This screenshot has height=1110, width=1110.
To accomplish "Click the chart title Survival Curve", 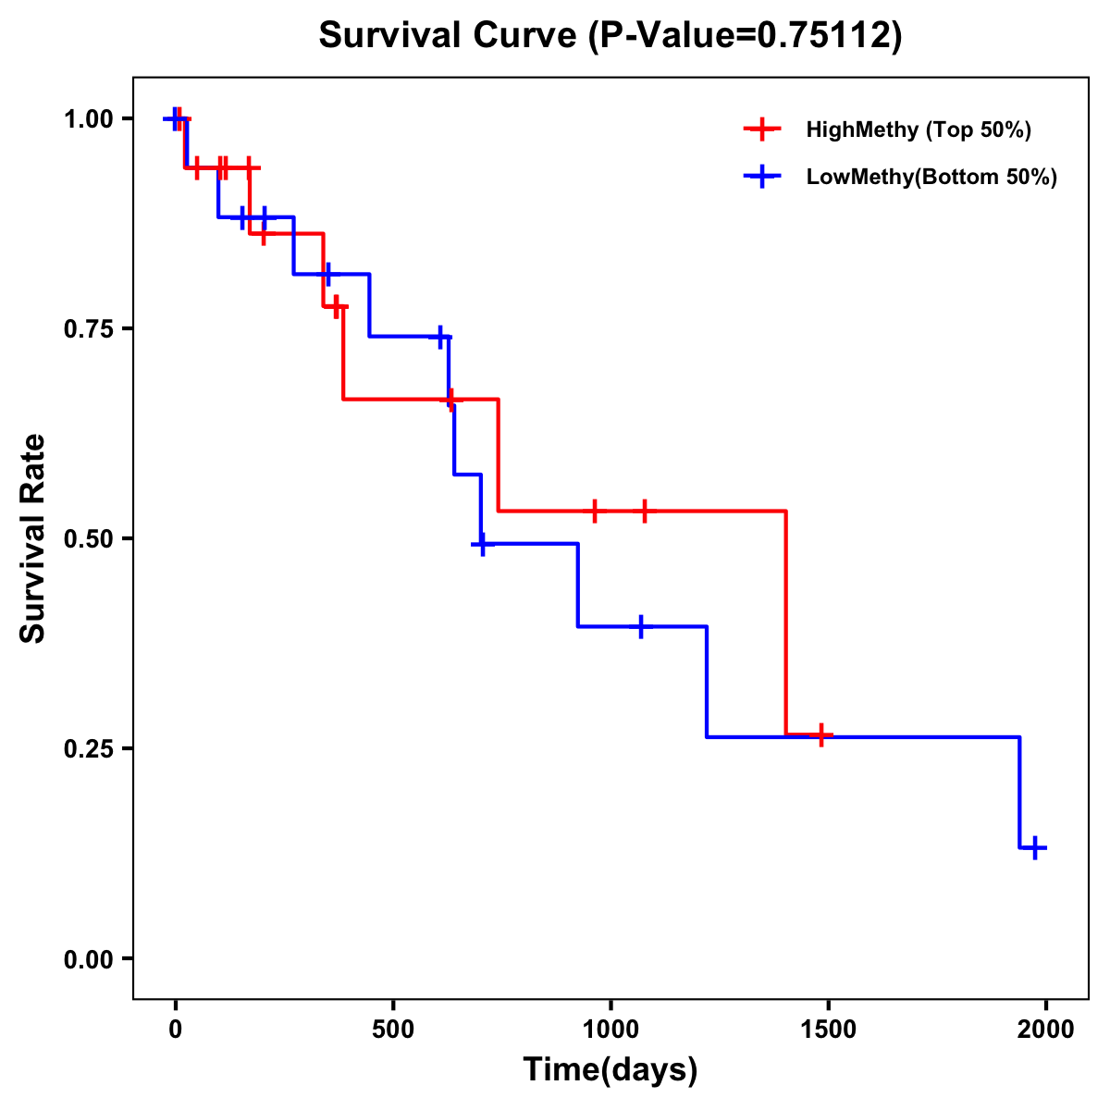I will coord(610,35).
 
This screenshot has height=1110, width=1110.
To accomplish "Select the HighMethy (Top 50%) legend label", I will coord(919,129).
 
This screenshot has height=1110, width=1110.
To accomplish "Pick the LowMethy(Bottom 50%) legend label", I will coord(931,177).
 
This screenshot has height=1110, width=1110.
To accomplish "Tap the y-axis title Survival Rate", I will coord(33,538).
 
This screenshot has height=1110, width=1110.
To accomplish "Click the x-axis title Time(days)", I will coord(610,1070).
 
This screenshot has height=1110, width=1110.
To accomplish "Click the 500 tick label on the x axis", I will coord(393,1030).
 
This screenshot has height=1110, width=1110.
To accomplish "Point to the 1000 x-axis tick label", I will coord(610,1030).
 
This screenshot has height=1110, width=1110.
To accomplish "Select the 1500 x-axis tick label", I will coord(829,1030).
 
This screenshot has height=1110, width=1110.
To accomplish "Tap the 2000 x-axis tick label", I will coord(1046,1030).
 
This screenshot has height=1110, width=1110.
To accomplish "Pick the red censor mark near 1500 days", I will coord(820,735).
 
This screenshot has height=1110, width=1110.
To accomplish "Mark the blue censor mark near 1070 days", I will coord(640,626).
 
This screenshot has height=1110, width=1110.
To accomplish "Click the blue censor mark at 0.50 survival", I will coord(481,544).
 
